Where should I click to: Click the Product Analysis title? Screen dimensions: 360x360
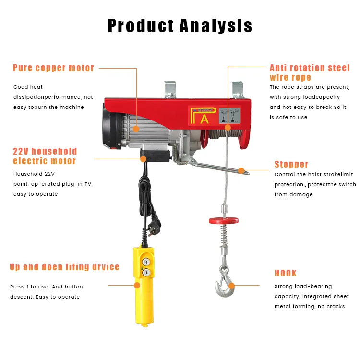tap(180, 26)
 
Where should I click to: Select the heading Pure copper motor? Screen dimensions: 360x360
tap(53, 68)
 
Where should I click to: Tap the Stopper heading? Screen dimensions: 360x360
tap(291, 164)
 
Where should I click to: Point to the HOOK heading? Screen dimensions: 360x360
tap(286, 273)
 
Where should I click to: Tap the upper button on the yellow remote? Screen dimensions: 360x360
tap(146, 262)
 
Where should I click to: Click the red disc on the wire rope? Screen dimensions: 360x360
tap(224, 221)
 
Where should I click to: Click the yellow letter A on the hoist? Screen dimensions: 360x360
tap(204, 119)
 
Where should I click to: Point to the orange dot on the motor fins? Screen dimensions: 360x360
tap(136, 129)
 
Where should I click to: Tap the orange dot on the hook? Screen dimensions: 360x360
tap(232, 286)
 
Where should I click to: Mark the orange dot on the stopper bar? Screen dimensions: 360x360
tap(241, 170)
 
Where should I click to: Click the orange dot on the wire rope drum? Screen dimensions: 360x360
tap(228, 127)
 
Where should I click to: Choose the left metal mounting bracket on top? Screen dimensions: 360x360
tap(170, 90)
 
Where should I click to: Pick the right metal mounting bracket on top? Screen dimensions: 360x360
tap(238, 90)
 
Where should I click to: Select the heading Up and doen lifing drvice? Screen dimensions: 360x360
tap(64, 267)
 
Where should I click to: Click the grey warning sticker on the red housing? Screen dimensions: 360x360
tap(229, 116)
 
